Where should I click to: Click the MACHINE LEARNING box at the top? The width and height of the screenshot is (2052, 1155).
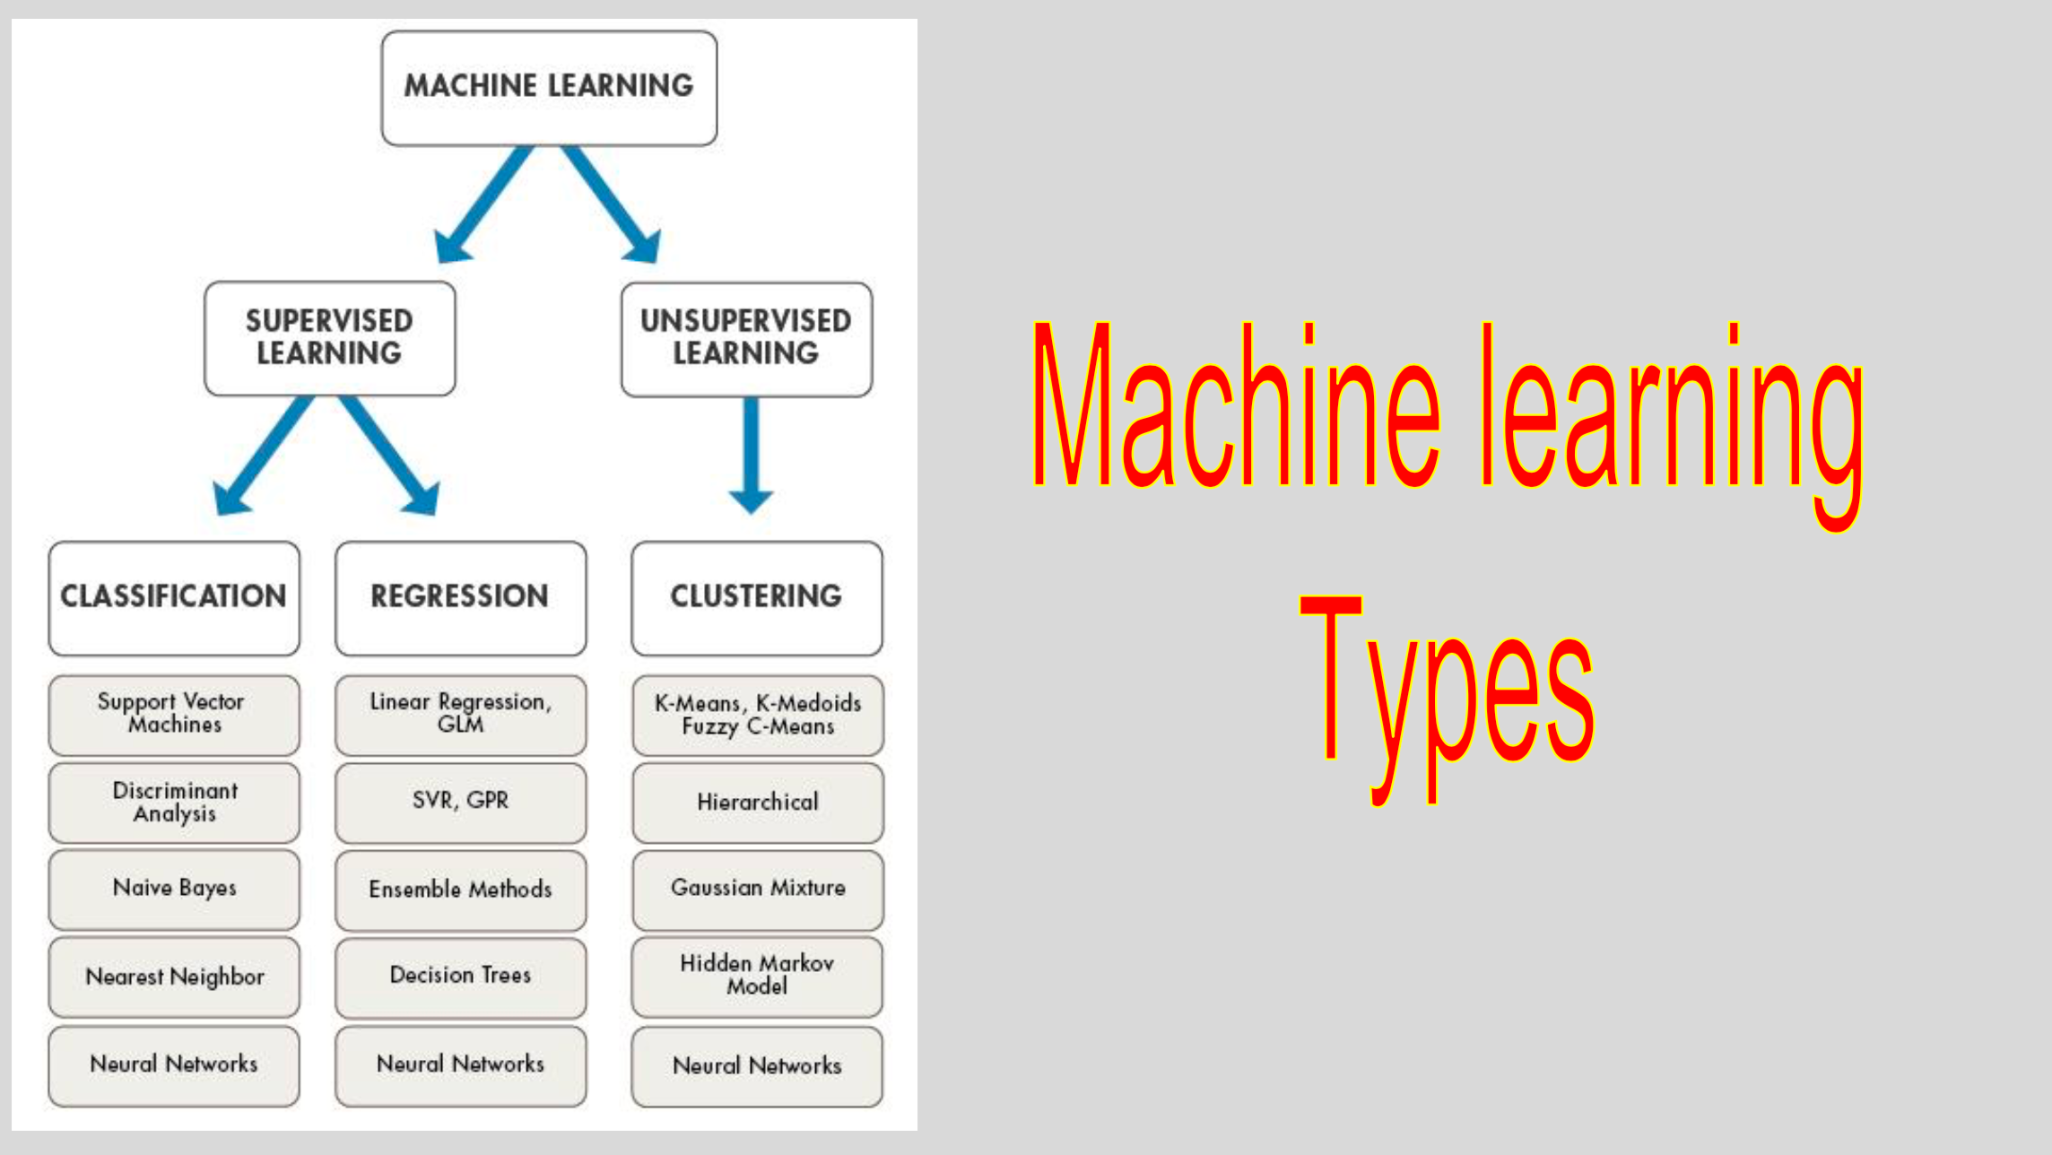pyautogui.click(x=549, y=88)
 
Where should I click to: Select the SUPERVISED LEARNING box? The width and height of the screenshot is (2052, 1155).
pyautogui.click(x=330, y=338)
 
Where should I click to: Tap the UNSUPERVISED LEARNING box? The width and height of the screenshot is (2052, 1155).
pyautogui.click(x=746, y=339)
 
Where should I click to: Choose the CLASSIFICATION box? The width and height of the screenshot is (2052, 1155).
pyautogui.click(x=174, y=598)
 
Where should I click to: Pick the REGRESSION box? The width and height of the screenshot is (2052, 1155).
pyautogui.click(x=461, y=598)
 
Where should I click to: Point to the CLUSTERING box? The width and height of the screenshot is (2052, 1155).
pyautogui.click(x=757, y=598)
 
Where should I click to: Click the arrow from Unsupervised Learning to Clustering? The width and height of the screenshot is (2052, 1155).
pyautogui.click(x=752, y=456)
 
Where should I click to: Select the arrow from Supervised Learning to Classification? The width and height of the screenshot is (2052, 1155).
pyautogui.click(x=262, y=456)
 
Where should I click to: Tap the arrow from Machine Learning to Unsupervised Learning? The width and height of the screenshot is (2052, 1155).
pyautogui.click(x=612, y=204)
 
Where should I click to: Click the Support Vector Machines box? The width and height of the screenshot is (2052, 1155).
pyautogui.click(x=174, y=715)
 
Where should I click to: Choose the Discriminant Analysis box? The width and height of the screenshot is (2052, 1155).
pyautogui.click(x=174, y=803)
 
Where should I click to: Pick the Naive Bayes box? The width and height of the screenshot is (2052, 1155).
pyautogui.click(x=174, y=890)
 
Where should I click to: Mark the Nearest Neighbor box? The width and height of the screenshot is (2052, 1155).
pyautogui.click(x=174, y=977)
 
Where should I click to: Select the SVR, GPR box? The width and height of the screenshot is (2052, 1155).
pyautogui.click(x=461, y=803)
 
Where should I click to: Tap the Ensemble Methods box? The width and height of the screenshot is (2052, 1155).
pyautogui.click(x=461, y=890)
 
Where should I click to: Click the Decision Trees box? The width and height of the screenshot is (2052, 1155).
pyautogui.click(x=461, y=977)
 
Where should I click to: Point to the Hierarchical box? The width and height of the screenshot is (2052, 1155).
pyautogui.click(x=758, y=803)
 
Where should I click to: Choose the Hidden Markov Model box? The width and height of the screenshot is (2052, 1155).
pyautogui.click(x=757, y=977)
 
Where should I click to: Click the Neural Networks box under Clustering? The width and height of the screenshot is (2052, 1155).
pyautogui.click(x=757, y=1066)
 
